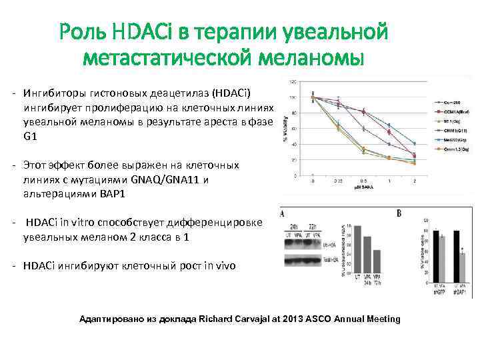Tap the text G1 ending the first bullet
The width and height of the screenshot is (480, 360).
[x=29, y=136]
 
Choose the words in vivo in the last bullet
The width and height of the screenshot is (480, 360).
[x=218, y=265]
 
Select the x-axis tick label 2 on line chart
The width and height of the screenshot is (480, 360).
[x=415, y=181]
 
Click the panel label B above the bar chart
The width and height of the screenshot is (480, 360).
[x=398, y=214]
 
